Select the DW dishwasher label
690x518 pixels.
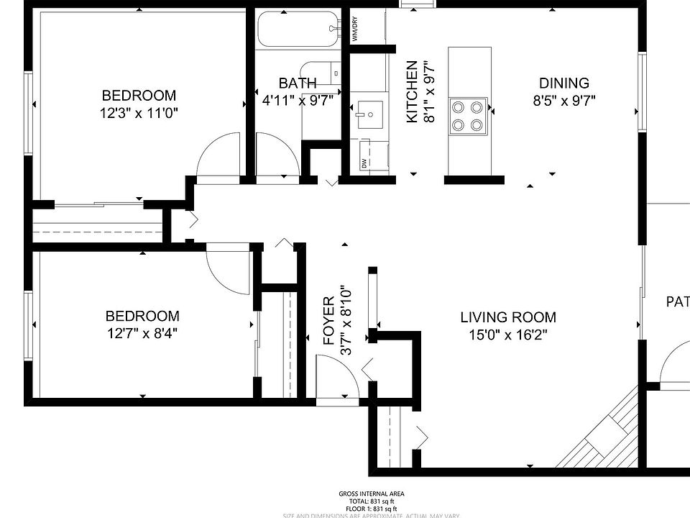(364, 164)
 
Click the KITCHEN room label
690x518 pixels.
(412, 91)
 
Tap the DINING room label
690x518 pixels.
(563, 83)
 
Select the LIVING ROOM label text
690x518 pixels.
(507, 317)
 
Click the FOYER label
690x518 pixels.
(328, 321)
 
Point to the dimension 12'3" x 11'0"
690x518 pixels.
(139, 113)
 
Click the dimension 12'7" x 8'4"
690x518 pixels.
(142, 333)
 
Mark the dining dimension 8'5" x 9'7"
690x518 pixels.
(563, 101)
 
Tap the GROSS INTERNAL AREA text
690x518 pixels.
(371, 494)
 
